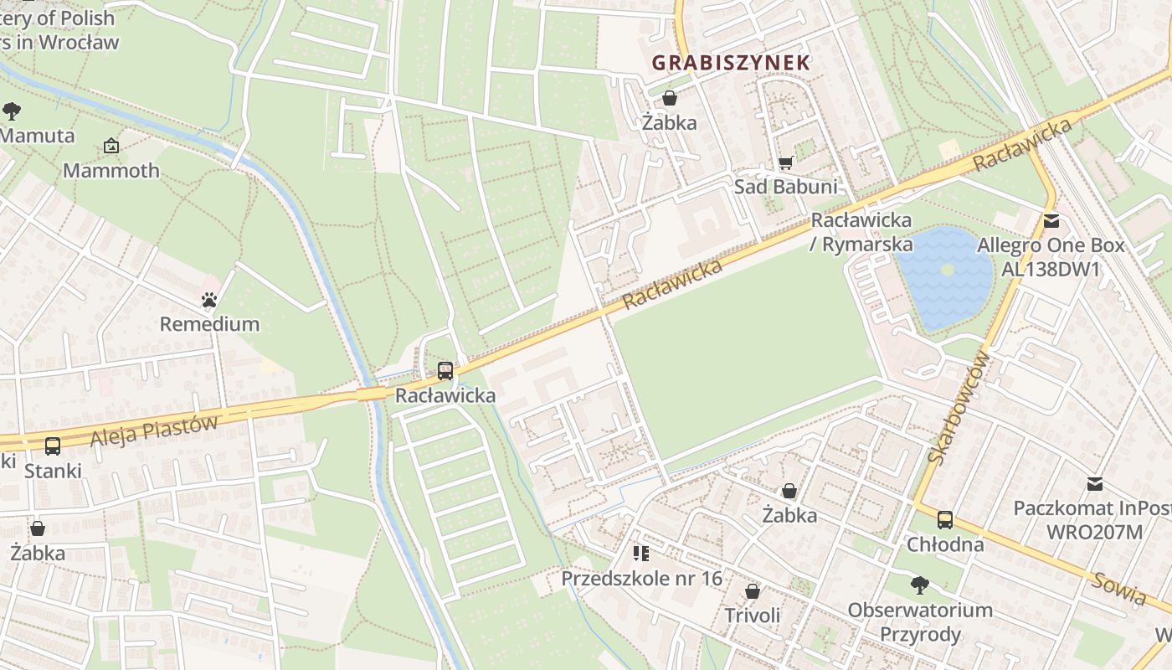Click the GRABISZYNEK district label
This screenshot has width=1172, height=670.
731,63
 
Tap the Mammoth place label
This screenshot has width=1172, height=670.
111,171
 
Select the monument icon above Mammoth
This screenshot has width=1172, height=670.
111,147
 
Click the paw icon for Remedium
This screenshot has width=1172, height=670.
209,299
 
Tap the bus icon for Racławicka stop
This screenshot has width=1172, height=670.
445,370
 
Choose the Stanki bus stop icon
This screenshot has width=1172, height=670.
53,446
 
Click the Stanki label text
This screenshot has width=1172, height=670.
53,471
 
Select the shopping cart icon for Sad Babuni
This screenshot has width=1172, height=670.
785,162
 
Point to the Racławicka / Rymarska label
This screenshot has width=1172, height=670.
861,233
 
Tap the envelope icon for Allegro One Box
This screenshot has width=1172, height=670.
1051,222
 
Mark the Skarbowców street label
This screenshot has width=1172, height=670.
959,408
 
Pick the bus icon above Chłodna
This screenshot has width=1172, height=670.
945,520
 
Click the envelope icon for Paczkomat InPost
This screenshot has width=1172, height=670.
1094,484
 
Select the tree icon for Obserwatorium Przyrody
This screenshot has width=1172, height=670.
920,585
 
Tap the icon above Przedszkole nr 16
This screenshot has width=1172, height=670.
641,553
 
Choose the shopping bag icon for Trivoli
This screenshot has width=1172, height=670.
753,591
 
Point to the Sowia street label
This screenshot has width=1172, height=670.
1119,588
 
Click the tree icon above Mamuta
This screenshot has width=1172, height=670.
12,111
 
